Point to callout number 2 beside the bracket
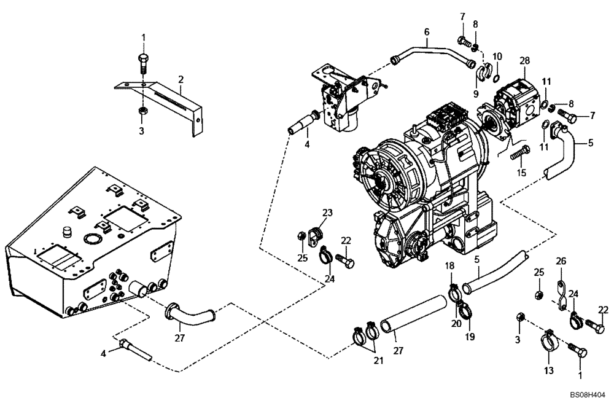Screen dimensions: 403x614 coord(181,79)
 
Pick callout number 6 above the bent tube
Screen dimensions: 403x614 coord(426,31)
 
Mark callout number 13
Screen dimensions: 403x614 coord(548,370)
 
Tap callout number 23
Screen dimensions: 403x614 coord(328,213)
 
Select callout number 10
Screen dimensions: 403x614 coord(497,57)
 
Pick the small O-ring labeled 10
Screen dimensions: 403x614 coord(495,77)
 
